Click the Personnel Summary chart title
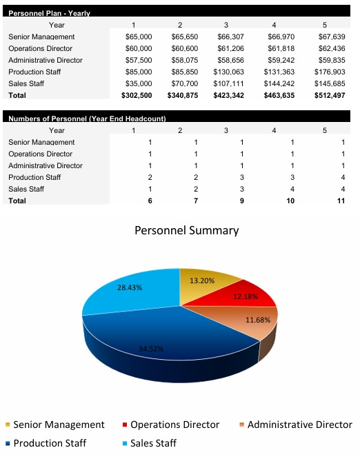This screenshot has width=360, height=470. (186, 231)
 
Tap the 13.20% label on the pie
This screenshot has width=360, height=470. (202, 280)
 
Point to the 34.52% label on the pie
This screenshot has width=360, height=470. (151, 348)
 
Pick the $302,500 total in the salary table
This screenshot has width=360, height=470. (137, 95)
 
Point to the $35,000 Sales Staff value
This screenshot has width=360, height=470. (139, 83)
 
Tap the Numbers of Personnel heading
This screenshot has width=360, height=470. (87, 119)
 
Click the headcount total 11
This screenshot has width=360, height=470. (340, 201)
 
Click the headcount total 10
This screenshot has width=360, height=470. (290, 201)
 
